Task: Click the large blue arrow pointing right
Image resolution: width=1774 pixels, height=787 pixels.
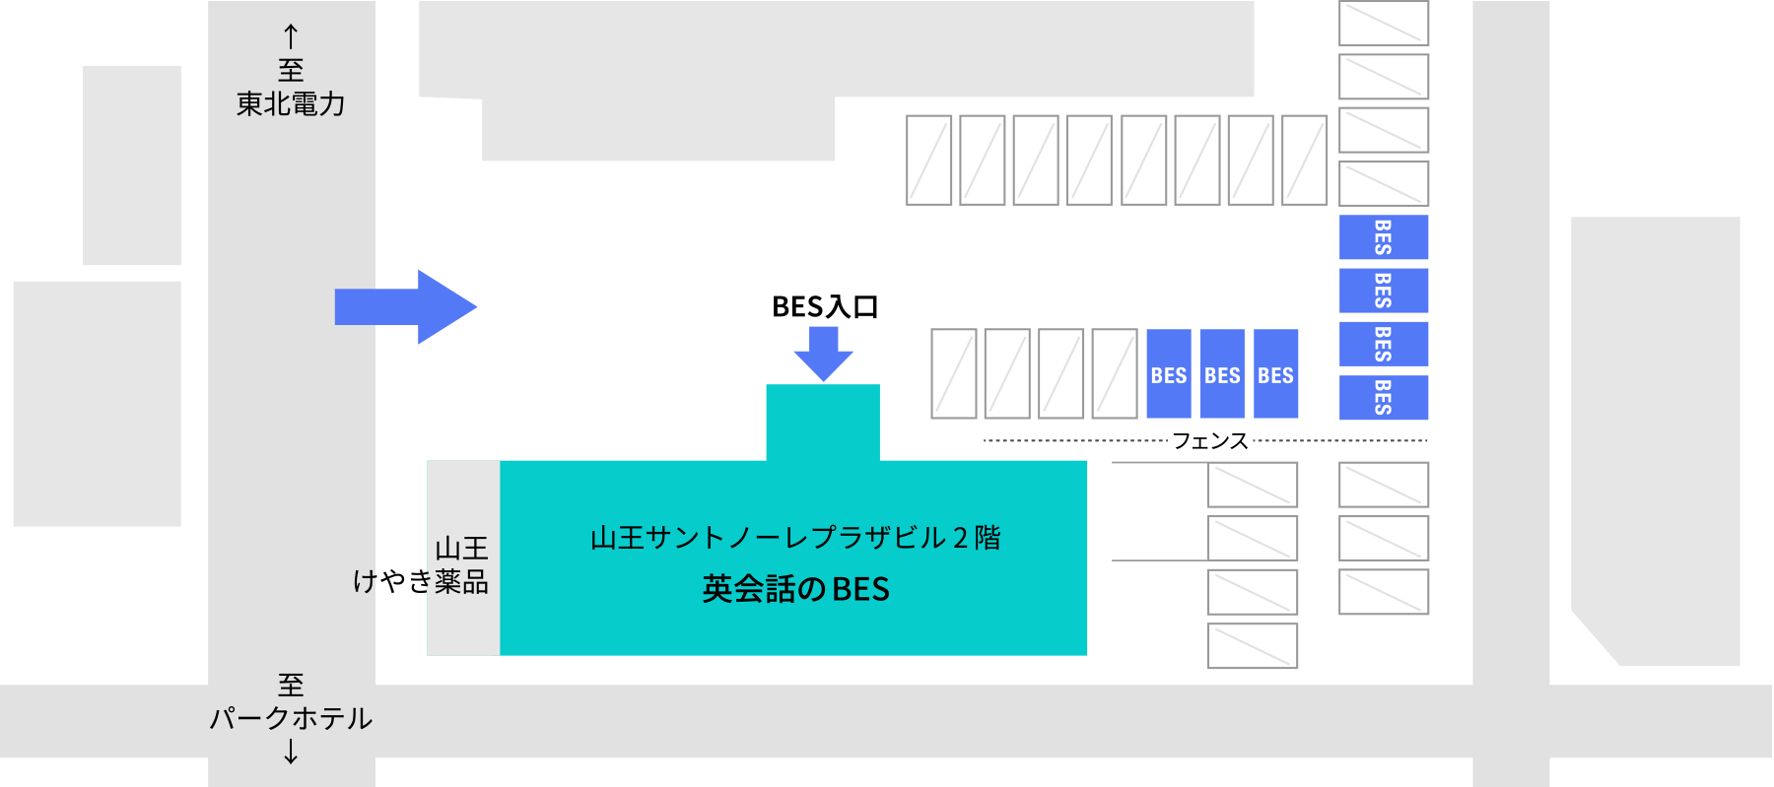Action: (x=406, y=306)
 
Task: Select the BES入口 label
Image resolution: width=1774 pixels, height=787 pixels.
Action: (x=825, y=307)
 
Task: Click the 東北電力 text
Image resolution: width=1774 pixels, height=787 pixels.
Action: (x=291, y=103)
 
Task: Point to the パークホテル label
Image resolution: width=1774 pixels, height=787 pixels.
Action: (x=291, y=718)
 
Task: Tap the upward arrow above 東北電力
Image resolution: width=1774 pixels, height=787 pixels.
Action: (x=291, y=36)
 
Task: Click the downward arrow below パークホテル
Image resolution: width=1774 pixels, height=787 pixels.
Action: (x=291, y=752)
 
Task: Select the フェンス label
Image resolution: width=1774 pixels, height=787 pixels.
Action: (x=1210, y=440)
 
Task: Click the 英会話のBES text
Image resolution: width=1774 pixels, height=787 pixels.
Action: (x=796, y=589)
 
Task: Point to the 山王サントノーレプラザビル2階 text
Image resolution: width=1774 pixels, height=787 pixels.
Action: (x=796, y=538)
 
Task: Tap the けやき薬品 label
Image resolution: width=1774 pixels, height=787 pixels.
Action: (x=421, y=581)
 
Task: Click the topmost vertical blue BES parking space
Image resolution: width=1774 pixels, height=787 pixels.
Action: (x=1384, y=236)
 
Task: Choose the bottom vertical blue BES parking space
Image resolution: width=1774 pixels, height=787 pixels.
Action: (x=1384, y=397)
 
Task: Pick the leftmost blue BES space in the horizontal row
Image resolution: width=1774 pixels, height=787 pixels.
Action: (x=1169, y=373)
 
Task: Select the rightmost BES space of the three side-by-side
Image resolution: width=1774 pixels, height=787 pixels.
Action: (x=1275, y=373)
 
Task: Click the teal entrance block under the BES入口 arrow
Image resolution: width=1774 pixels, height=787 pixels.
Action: (x=823, y=423)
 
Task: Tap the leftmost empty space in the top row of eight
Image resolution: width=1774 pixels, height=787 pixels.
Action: (x=928, y=160)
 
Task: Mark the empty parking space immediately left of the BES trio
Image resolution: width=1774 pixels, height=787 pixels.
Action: (x=1115, y=373)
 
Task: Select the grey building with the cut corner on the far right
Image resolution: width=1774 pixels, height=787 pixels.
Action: (x=1656, y=441)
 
